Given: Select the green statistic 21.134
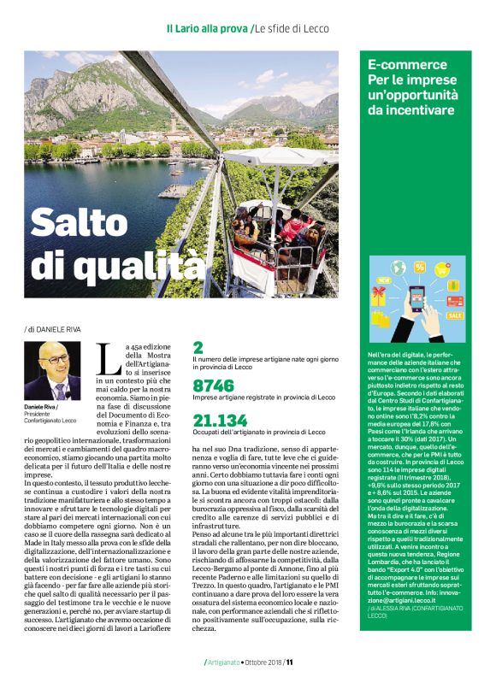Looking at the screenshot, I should click(220, 420).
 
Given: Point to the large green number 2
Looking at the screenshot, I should click(198, 348).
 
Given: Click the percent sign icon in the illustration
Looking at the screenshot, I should click(420, 266).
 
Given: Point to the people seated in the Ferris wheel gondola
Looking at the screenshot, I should click(291, 231).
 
